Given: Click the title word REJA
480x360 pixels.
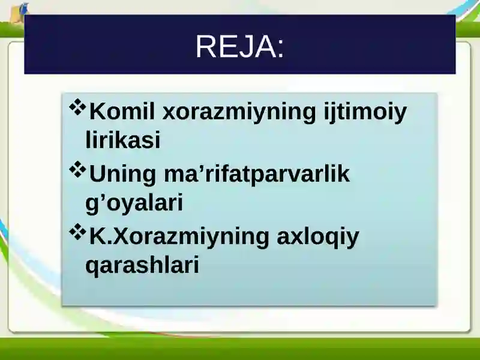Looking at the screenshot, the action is coord(237,47).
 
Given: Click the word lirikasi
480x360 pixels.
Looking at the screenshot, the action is coord(123,140).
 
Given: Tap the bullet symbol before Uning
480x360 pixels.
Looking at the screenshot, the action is coord(78,169).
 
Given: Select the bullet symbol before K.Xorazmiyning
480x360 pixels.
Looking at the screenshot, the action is coord(78,232).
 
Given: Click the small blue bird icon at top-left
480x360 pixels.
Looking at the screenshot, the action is coord(23,8).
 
